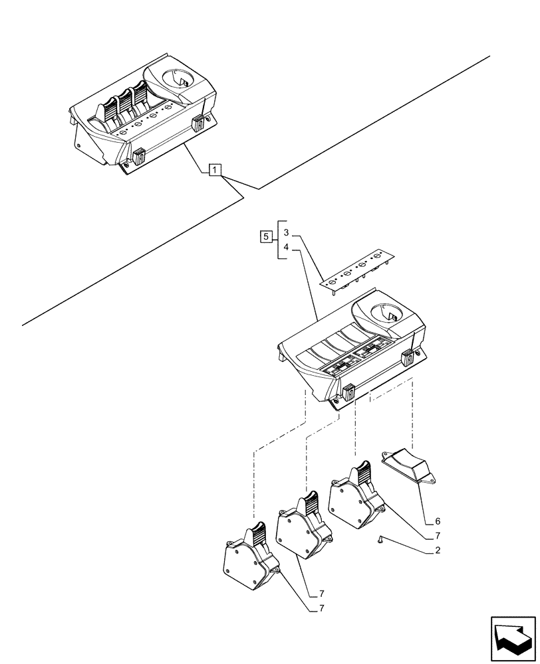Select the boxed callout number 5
pyautogui.click(x=265, y=236)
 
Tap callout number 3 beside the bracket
pyautogui.click(x=286, y=233)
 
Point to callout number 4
pyautogui.click(x=286, y=248)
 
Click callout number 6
pyautogui.click(x=437, y=521)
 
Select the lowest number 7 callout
pyautogui.click(x=322, y=608)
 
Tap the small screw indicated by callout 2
pyautogui.click(x=380, y=540)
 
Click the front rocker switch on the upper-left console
pyautogui.click(x=139, y=157)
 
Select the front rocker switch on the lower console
pyautogui.click(x=346, y=393)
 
